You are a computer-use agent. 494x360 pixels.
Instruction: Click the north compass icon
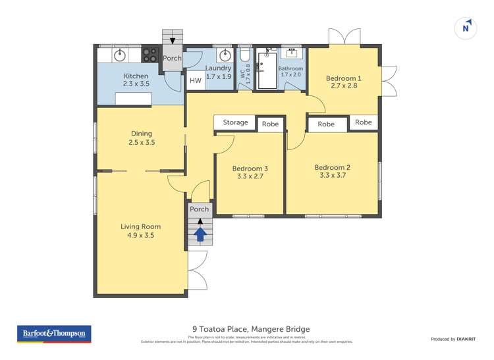pyautogui.click(x=466, y=28)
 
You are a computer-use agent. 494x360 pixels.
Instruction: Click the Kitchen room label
pyautogui.click(x=136, y=76)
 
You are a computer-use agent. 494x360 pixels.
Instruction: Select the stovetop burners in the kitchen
pyautogui.click(x=151, y=55)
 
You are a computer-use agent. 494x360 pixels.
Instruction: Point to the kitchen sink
pyautogui.click(x=121, y=55)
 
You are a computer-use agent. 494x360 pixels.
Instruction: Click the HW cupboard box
pyautogui.click(x=196, y=81)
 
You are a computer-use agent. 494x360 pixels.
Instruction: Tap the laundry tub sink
pyautogui.click(x=225, y=55)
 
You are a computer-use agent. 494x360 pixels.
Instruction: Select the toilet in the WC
pyautogui.click(x=244, y=56)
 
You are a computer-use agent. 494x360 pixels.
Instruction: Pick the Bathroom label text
pyautogui.click(x=290, y=69)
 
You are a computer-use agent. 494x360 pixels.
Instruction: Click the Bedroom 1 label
pyautogui.click(x=343, y=78)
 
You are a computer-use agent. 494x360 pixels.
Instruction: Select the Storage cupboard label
pyautogui.click(x=235, y=122)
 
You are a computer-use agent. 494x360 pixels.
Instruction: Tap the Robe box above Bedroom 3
pyautogui.click(x=270, y=124)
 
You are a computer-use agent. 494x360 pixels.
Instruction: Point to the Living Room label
pyautogui.click(x=140, y=226)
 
